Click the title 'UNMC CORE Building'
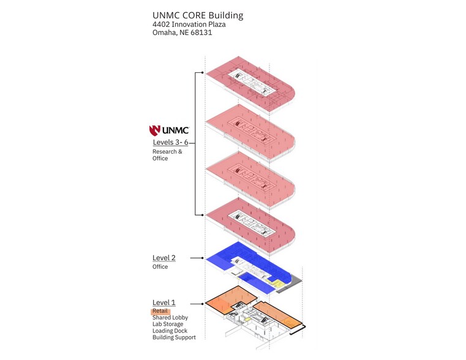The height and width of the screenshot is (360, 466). point(198,15)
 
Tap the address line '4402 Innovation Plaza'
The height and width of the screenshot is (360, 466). point(189,24)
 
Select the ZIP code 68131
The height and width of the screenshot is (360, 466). point(201,32)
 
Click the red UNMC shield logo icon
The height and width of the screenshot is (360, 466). point(154,130)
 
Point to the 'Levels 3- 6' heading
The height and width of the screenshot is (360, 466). point(171,142)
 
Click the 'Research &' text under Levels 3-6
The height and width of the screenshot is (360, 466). point(167,151)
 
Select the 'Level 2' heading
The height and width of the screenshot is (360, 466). point(163,258)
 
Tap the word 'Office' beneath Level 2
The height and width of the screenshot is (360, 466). point(160,267)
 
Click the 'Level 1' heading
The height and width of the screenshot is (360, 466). point(163,302)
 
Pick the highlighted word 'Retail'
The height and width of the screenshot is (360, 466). point(160,311)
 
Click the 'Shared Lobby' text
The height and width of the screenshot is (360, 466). point(170,318)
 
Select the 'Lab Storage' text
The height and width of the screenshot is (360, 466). point(168,324)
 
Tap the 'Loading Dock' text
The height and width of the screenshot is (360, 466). point(170,331)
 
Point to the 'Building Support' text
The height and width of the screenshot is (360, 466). point(174,337)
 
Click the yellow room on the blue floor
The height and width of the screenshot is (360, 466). point(278,283)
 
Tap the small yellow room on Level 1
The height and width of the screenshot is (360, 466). point(247,320)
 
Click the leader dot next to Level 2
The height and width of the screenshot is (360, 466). point(203,258)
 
